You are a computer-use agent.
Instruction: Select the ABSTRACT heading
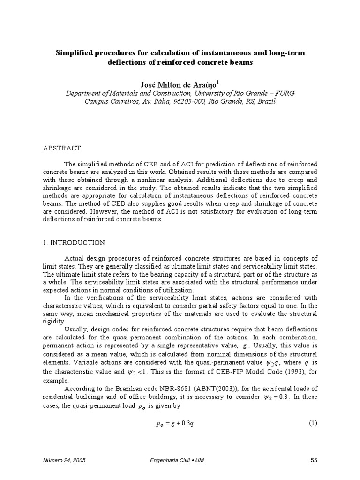[x=62, y=148]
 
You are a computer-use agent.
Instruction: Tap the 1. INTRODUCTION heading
[x=74, y=243]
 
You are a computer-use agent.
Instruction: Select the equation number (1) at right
[x=313, y=423]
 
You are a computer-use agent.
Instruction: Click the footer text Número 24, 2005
[x=64, y=461]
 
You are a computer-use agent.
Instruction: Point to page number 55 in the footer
[x=314, y=461]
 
